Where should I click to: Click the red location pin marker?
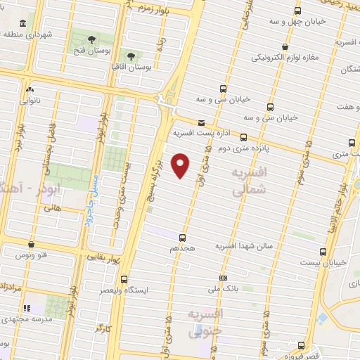coord(181,165)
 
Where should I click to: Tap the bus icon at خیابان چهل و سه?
coord(297,11)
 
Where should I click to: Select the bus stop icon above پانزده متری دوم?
coord(243,137)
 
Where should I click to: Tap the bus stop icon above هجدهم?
coord(183,238)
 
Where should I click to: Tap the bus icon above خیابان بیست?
coord(323,251)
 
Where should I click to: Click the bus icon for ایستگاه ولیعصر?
coord(124,278)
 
